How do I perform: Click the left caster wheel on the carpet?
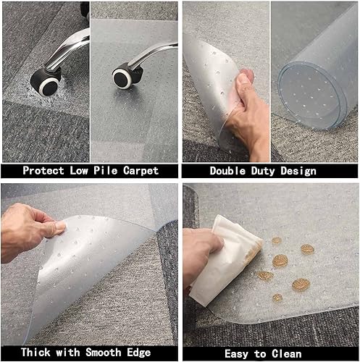[50, 83]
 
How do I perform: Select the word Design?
[300, 171]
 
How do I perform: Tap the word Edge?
[141, 353]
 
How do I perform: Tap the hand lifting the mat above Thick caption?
[29, 230]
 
